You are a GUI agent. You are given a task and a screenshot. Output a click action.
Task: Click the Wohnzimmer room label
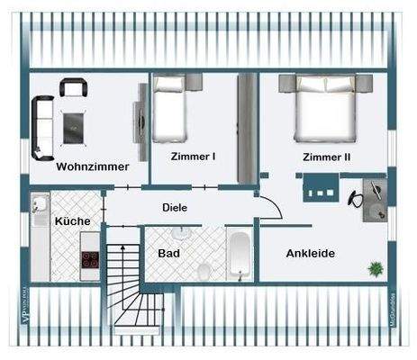(x=92, y=166)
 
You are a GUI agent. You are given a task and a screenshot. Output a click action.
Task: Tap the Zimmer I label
(x=194, y=157)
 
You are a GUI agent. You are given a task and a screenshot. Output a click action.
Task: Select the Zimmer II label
(x=326, y=157)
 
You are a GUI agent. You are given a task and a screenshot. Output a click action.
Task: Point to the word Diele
(x=175, y=207)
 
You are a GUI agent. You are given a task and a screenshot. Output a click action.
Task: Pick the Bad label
(x=169, y=253)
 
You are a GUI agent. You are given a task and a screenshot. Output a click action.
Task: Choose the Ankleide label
(x=310, y=253)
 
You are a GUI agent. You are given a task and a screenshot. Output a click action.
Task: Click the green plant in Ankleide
(x=374, y=267)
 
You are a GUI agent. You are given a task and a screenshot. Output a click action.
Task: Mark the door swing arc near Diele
(x=273, y=207)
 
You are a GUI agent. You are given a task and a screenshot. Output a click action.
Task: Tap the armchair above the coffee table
(x=73, y=88)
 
